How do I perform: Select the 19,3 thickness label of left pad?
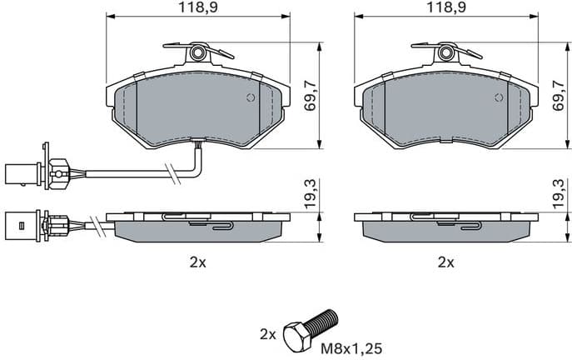310,195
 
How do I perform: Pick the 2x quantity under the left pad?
197,262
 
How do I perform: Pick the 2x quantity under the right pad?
446,262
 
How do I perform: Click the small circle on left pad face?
250,97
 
